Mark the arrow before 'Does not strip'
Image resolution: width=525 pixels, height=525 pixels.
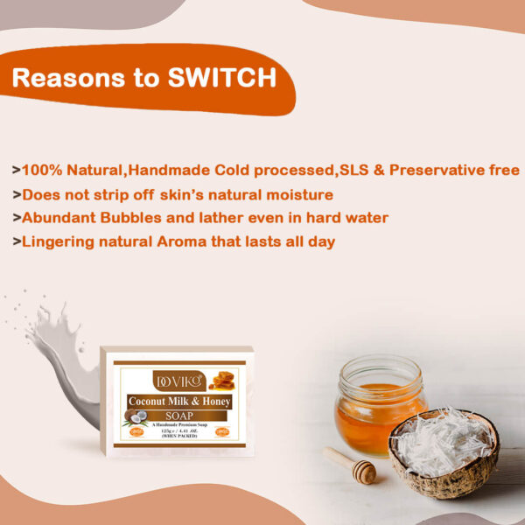(x=17, y=194)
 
